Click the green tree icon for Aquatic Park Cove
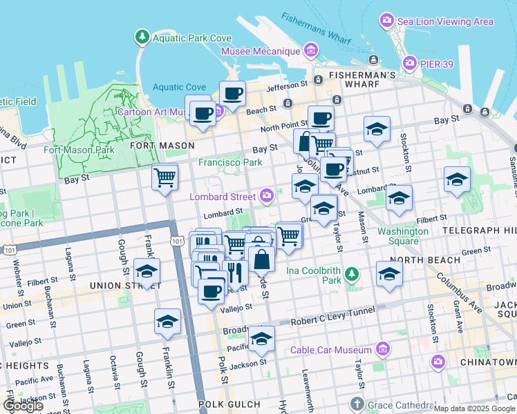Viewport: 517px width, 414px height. [x=142, y=36]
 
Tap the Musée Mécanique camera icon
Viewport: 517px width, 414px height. [x=310, y=50]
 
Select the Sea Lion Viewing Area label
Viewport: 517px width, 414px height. [x=445, y=21]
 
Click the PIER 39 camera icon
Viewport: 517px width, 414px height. [x=409, y=64]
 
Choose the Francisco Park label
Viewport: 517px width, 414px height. [x=231, y=162]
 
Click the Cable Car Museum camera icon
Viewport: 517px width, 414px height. [x=382, y=350]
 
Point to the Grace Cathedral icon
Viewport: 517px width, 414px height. [x=357, y=404]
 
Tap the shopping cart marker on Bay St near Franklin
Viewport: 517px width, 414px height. [x=165, y=177]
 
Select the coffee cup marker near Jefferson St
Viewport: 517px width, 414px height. [x=233, y=94]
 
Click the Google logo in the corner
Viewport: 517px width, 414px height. [x=22, y=406]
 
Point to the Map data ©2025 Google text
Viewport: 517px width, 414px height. [x=474, y=408]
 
